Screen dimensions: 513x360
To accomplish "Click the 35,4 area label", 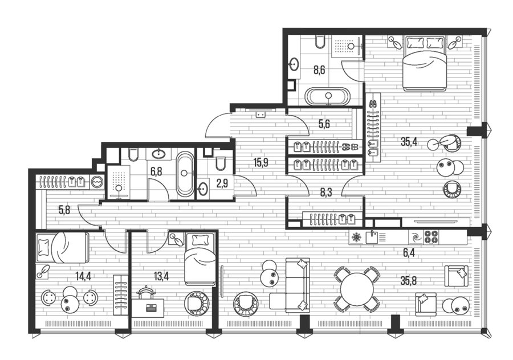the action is tap(409, 142).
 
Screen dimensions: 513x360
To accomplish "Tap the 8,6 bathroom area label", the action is tap(319, 70).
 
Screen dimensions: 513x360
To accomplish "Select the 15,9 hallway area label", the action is tap(260, 162).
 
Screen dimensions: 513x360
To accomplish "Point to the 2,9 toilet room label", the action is tap(222, 183).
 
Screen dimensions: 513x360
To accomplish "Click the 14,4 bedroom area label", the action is tap(83, 276).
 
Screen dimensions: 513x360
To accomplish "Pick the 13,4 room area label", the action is tap(161, 276).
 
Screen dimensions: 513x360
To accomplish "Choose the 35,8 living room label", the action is tap(409, 281).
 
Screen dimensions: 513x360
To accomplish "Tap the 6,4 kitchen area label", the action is tap(409, 253).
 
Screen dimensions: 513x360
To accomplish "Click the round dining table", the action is tap(357, 290).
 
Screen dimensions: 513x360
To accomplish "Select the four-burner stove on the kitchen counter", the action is tap(431, 237).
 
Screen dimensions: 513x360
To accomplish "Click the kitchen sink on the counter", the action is tap(372, 237).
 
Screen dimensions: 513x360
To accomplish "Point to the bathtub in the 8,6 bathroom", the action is tap(328, 96).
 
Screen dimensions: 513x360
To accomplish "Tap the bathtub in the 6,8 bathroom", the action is tap(185, 174).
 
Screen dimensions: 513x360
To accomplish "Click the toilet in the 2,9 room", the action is tap(221, 162).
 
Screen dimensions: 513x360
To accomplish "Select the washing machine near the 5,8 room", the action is tap(97, 182).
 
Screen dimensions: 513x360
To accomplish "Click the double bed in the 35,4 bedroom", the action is tap(425, 63).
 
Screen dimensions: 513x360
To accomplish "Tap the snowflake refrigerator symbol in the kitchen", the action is tap(355, 238).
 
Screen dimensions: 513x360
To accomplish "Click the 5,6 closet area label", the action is tap(324, 124).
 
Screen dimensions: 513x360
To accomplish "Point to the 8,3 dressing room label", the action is tap(326, 193).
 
